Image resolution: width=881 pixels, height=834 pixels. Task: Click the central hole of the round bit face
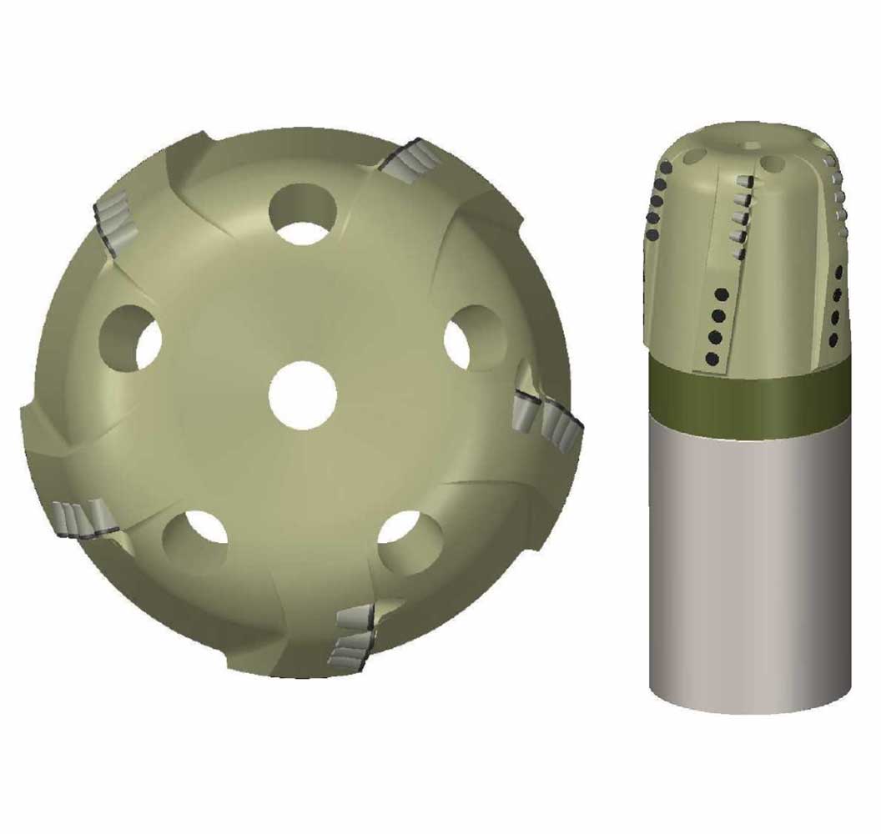point(303,395)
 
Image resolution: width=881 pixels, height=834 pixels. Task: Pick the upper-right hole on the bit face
point(472,338)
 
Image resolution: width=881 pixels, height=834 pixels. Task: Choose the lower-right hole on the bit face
point(410,535)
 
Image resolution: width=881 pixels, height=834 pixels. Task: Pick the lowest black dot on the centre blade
point(712,359)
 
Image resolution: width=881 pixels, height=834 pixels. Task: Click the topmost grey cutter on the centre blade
point(745,183)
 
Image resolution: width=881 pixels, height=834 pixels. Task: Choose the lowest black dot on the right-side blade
point(833,339)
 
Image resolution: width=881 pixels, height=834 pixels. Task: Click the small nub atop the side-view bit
point(753,144)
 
